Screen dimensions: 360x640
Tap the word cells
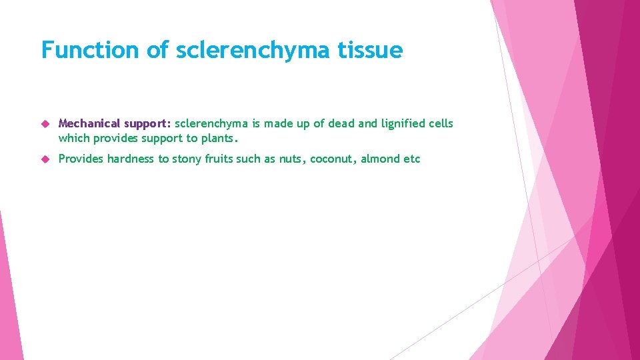441,123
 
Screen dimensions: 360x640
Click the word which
72,138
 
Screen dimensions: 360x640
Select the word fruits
221,159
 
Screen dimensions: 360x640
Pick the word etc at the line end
411,159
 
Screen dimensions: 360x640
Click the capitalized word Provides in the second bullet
81,159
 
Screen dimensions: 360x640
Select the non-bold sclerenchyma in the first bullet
207,123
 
